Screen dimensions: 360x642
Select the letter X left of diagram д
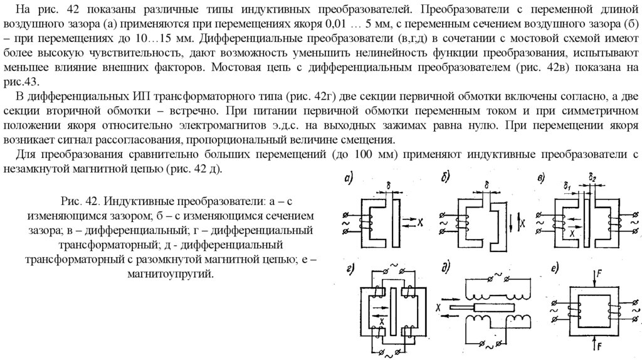(439, 309)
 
